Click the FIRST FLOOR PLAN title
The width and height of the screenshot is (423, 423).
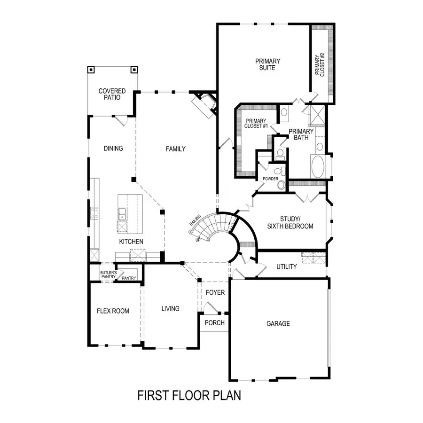pos(189,395)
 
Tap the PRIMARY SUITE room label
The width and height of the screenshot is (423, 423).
pos(267,64)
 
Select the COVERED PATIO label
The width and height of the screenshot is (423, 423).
pos(112,94)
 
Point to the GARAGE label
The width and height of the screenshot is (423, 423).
pos(278,323)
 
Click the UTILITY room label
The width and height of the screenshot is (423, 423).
pos(287,266)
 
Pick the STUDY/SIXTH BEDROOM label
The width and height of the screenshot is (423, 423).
pos(290,223)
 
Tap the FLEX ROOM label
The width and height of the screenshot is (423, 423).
pos(113,311)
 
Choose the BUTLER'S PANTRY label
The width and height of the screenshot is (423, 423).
pos(109,274)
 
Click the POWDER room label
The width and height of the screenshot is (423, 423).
pos(270,179)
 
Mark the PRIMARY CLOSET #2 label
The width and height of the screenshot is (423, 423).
pos(320,65)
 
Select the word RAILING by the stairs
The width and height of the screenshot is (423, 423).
pos(195,220)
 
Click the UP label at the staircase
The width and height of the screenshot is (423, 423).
pos(198,240)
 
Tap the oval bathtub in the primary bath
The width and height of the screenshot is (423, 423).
pos(318,166)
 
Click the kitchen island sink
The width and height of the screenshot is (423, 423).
pos(122,214)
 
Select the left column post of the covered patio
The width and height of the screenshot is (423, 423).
pos(91,70)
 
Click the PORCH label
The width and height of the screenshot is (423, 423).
pos(214,322)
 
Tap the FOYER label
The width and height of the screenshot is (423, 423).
pos(215,292)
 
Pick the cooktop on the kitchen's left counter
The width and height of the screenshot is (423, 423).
pos(94,213)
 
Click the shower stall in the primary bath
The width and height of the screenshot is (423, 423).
pos(317,115)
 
